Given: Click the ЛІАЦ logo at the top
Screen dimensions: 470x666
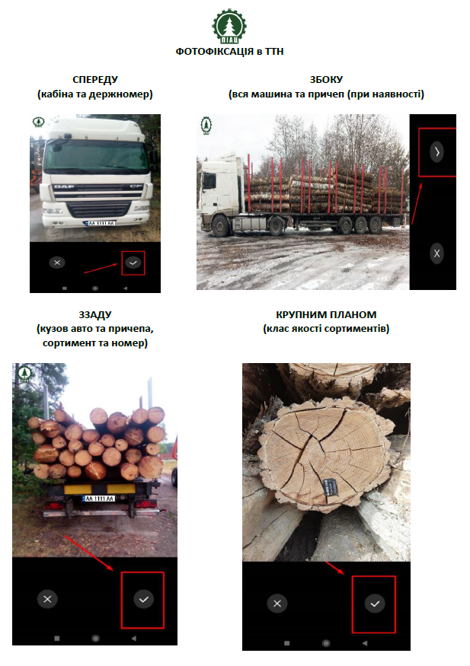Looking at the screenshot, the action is [229, 26].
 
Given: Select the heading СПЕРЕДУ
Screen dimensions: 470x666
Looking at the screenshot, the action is [95, 79].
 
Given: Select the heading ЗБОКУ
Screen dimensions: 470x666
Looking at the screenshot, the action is [326, 79].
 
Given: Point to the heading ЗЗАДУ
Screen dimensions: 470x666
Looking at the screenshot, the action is [95, 315].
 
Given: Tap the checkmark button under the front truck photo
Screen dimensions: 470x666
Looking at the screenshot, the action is [133, 263].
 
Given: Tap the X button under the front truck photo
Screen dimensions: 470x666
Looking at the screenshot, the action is [57, 263].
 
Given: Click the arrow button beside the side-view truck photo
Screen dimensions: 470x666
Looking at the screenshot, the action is [436, 151].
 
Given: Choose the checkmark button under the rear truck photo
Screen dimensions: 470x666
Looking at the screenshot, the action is [144, 599].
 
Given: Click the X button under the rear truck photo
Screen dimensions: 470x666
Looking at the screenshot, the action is [47, 599].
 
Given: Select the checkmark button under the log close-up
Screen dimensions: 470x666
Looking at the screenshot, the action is [375, 604].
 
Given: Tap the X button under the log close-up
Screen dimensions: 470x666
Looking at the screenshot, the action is [277, 604].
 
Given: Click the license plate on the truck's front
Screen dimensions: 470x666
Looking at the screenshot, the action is [100, 223].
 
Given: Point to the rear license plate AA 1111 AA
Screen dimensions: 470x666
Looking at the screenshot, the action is [98, 499].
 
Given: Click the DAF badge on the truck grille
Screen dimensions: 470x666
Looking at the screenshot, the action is [64, 186].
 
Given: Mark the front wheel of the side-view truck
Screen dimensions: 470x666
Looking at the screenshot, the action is [221, 225].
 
